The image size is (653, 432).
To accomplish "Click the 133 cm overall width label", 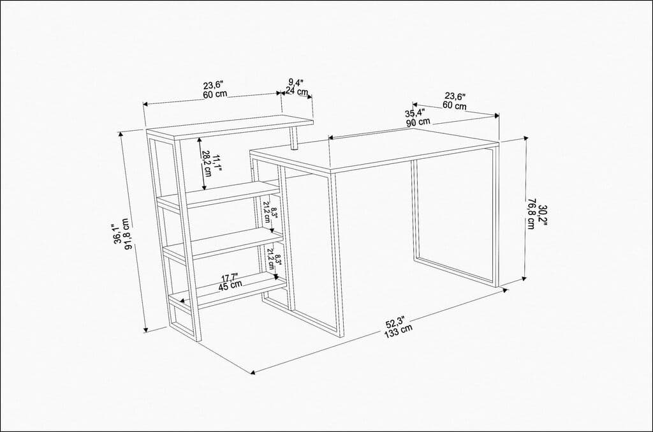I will (398, 329).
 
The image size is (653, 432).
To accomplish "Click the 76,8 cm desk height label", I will (531, 215).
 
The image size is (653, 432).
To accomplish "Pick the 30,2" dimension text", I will (541, 215).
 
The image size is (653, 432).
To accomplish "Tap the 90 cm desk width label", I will (418, 122).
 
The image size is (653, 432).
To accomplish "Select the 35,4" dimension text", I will (415, 114).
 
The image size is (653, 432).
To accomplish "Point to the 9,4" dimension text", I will (296, 82).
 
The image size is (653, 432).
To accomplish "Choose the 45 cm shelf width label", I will (231, 285).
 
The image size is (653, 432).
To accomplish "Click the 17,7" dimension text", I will (230, 277).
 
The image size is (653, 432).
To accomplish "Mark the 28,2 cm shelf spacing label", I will (207, 163).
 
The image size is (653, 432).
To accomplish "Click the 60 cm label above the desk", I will (454, 105).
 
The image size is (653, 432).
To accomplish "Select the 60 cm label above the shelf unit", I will (215, 94).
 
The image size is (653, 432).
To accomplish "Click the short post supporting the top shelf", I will (295, 137).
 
